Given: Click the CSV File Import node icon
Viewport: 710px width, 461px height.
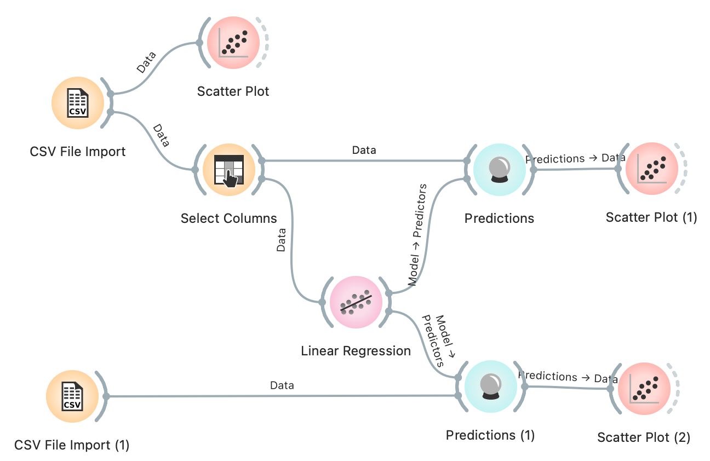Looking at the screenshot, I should (77, 103).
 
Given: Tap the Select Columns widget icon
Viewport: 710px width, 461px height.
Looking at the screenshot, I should (228, 170).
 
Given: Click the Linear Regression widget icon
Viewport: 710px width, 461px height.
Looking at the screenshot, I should (356, 303).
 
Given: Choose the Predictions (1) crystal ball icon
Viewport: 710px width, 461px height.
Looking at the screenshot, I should (490, 387).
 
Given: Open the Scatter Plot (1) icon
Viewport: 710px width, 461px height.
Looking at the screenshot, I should (651, 169).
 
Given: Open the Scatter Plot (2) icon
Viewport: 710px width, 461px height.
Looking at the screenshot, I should (644, 389).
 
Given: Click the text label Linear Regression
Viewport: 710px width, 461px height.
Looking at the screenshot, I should (356, 351).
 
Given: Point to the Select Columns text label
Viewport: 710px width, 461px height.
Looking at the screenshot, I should (228, 218).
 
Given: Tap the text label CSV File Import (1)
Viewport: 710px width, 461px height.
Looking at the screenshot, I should (72, 445).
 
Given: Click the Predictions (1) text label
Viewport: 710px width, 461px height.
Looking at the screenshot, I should (490, 435).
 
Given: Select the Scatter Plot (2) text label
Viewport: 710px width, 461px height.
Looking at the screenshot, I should (644, 437).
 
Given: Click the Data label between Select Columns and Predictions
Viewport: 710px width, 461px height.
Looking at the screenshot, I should (364, 149).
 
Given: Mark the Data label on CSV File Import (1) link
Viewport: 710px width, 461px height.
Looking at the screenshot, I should (282, 385).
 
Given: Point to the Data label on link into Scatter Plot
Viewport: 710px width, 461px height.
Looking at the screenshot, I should (146, 62).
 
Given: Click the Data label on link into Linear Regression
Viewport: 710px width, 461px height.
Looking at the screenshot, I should (281, 240).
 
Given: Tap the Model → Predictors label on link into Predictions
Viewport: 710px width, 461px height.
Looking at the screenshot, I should (417, 235).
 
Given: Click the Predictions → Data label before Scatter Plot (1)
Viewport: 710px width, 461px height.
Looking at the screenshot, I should (575, 158).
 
